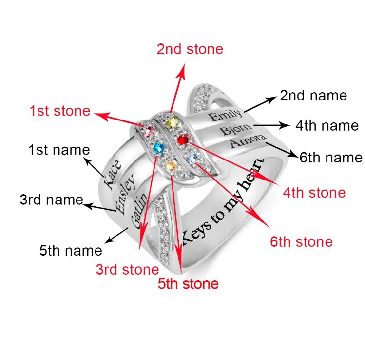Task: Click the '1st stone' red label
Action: tap(60, 111)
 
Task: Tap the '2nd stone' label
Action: tap(190, 49)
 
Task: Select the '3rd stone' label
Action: tap(127, 270)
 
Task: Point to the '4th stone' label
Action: tap(314, 193)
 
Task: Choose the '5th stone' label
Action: tap(188, 283)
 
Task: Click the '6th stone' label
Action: tap(301, 241)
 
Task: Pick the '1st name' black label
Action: tap(59, 150)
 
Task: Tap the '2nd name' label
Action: tap(313, 96)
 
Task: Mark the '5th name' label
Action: tap(71, 251)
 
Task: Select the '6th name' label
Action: tap(331, 158)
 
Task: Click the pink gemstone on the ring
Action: tap(149, 129)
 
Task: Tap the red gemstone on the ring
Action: tap(183, 140)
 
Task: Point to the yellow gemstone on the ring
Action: tap(171, 122)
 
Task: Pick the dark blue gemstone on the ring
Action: tap(157, 148)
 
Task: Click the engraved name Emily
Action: tap(225, 116)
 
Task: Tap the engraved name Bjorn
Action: tap(236, 130)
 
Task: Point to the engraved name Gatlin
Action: tap(139, 210)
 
